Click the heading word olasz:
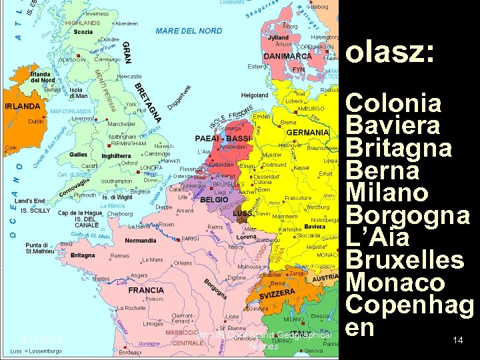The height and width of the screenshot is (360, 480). click(x=391, y=53)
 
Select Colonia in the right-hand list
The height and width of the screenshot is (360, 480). click(x=395, y=104)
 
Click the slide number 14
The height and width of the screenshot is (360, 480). click(x=457, y=341)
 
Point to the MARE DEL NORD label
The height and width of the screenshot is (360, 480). click(x=189, y=31)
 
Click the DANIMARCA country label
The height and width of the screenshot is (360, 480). click(x=287, y=57)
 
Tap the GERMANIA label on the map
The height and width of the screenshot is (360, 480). click(x=308, y=133)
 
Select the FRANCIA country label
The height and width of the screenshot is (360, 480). click(x=146, y=291)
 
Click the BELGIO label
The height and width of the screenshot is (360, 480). click(x=215, y=199)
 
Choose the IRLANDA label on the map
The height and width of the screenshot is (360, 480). click(x=22, y=106)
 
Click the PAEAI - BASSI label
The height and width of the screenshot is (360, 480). click(x=223, y=138)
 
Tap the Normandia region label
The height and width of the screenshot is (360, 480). click(x=141, y=240)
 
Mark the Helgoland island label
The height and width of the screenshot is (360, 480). click(x=255, y=95)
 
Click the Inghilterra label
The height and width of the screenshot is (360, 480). click(x=115, y=156)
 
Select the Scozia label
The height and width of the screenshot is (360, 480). click(x=83, y=31)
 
